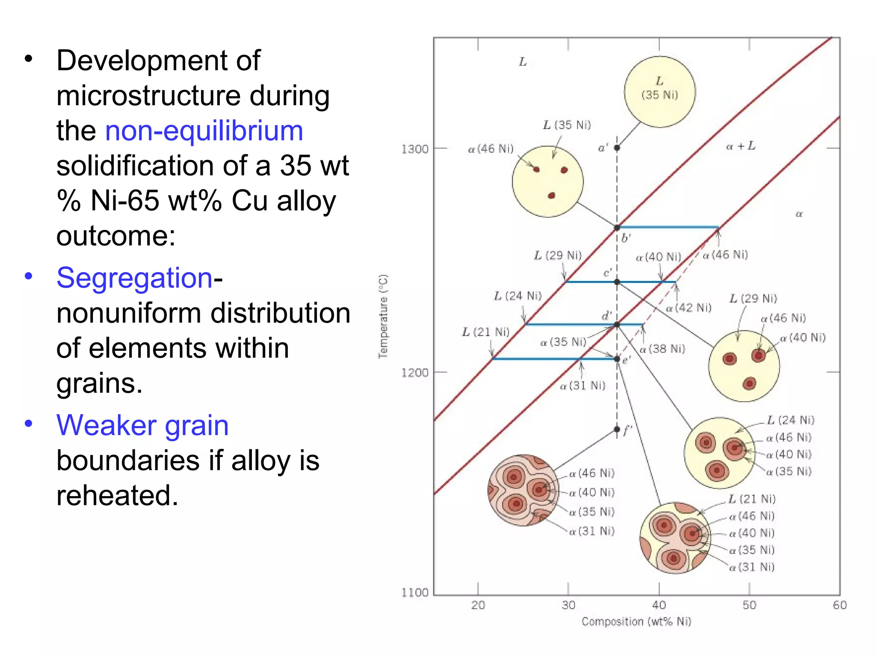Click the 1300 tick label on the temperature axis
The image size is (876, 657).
click(x=414, y=149)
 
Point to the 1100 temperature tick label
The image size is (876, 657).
click(x=414, y=592)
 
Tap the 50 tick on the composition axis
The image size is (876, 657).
click(x=749, y=605)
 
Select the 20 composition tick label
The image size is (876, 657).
click(x=478, y=605)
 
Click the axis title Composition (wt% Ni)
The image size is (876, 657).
click(x=636, y=621)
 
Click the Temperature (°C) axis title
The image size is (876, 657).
click(x=383, y=316)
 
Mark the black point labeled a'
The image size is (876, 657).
click(x=617, y=148)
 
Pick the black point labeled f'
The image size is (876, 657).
click(x=617, y=429)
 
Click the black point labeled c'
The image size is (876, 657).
click(x=617, y=282)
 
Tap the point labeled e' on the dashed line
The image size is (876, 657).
click(x=617, y=359)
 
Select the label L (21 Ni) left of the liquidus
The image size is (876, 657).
click(x=486, y=332)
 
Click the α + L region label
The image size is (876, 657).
click(x=741, y=146)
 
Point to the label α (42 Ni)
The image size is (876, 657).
click(x=689, y=308)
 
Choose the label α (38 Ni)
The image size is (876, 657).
click(x=662, y=349)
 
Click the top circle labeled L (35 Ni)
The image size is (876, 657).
click(x=660, y=92)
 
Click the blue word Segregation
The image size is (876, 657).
click(x=134, y=278)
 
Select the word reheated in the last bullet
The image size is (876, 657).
click(x=117, y=495)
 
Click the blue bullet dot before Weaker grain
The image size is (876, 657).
click(x=29, y=424)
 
